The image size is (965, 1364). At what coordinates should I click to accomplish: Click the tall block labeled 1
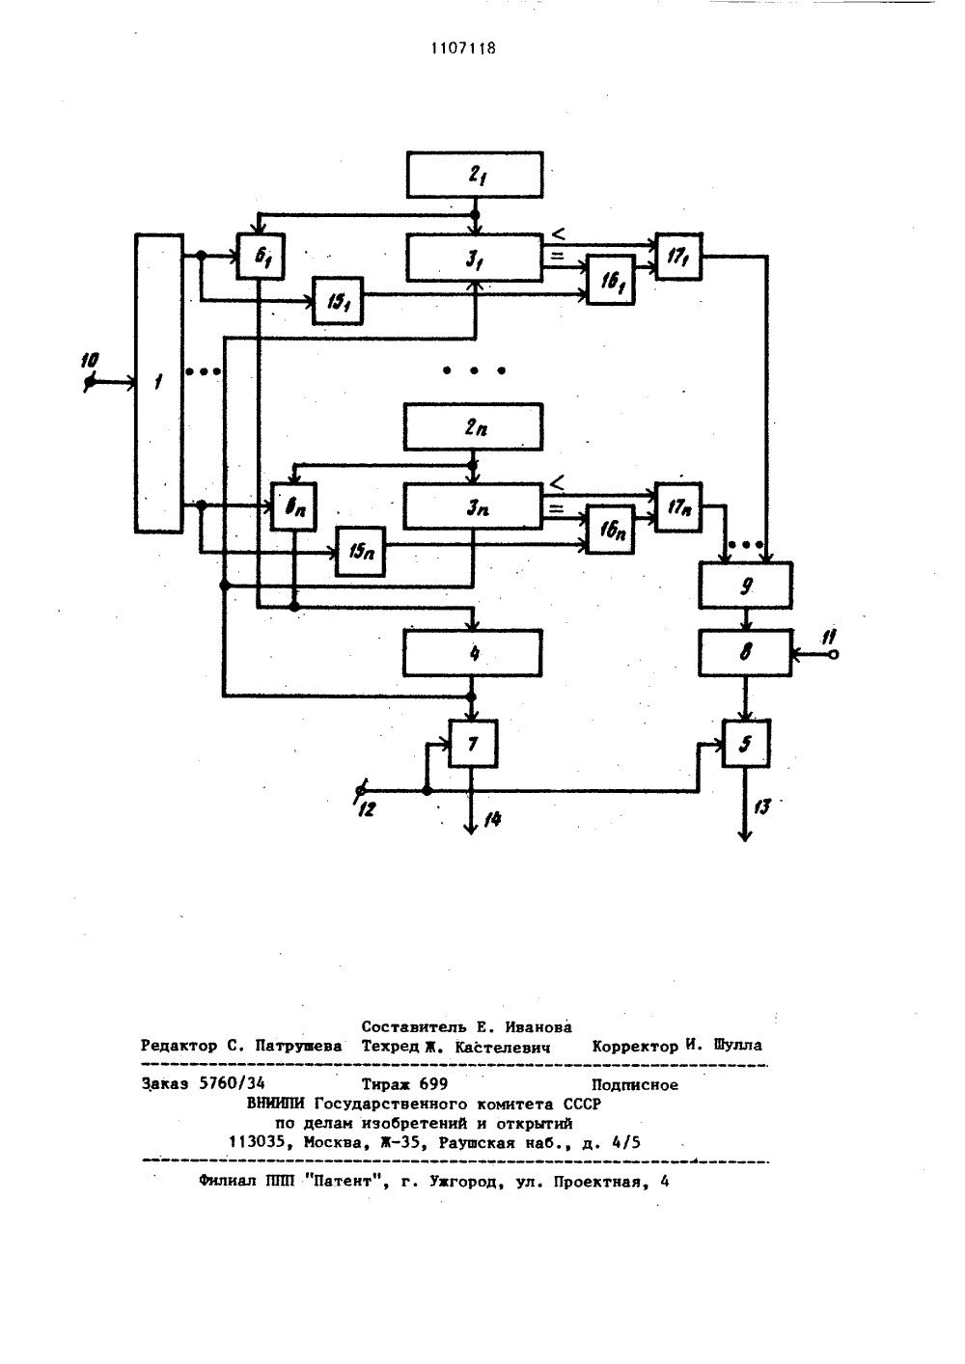pos(159,383)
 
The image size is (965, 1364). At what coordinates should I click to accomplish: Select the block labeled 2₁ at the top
pos(475,175)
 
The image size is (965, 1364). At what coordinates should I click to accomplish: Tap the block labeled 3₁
pos(475,258)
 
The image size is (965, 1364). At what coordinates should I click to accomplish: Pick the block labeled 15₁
pos(338,301)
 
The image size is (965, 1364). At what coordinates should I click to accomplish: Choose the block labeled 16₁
pos(611,280)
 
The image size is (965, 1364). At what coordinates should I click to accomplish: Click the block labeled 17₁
pos(678,257)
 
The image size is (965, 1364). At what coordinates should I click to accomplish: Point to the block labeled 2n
pos(474,426)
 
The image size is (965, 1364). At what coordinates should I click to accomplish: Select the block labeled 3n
pos(474,506)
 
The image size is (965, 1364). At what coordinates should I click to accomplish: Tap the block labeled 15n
pos(361,551)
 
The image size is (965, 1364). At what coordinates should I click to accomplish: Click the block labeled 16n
pos(610,530)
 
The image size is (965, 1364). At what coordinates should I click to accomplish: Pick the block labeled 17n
pos(678,507)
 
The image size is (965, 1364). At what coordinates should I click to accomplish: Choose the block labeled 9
pos(746,586)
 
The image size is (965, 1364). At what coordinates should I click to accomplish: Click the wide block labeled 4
pos(473,653)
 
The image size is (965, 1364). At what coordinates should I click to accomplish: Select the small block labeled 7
pos(474,744)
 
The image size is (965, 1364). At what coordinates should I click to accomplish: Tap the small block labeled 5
pos(746,744)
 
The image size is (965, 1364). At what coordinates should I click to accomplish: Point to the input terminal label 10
pos(90,361)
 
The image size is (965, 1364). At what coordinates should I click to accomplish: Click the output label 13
pos(761,806)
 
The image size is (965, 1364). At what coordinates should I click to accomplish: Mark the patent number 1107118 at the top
pos(463,48)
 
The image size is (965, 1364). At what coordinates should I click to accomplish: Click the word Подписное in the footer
pos(635,1084)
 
